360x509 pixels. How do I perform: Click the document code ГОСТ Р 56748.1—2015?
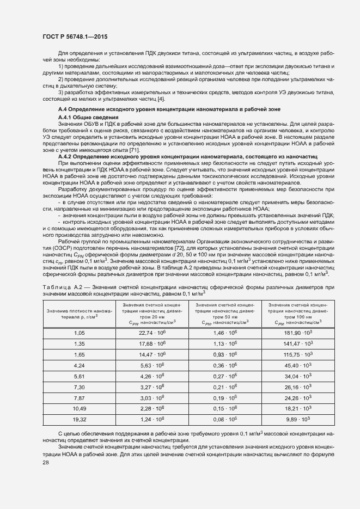(x=75, y=38)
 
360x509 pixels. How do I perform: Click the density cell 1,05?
(x=80, y=332)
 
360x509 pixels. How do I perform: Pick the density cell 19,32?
(x=80, y=419)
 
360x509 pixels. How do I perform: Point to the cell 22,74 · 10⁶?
(x=152, y=332)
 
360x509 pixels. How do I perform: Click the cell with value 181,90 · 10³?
(x=297, y=332)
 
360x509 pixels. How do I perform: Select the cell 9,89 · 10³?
(x=297, y=419)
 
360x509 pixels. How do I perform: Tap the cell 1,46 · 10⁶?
(x=225, y=332)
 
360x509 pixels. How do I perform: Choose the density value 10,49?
(x=80, y=408)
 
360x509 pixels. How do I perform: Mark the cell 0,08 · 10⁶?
(x=225, y=419)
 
